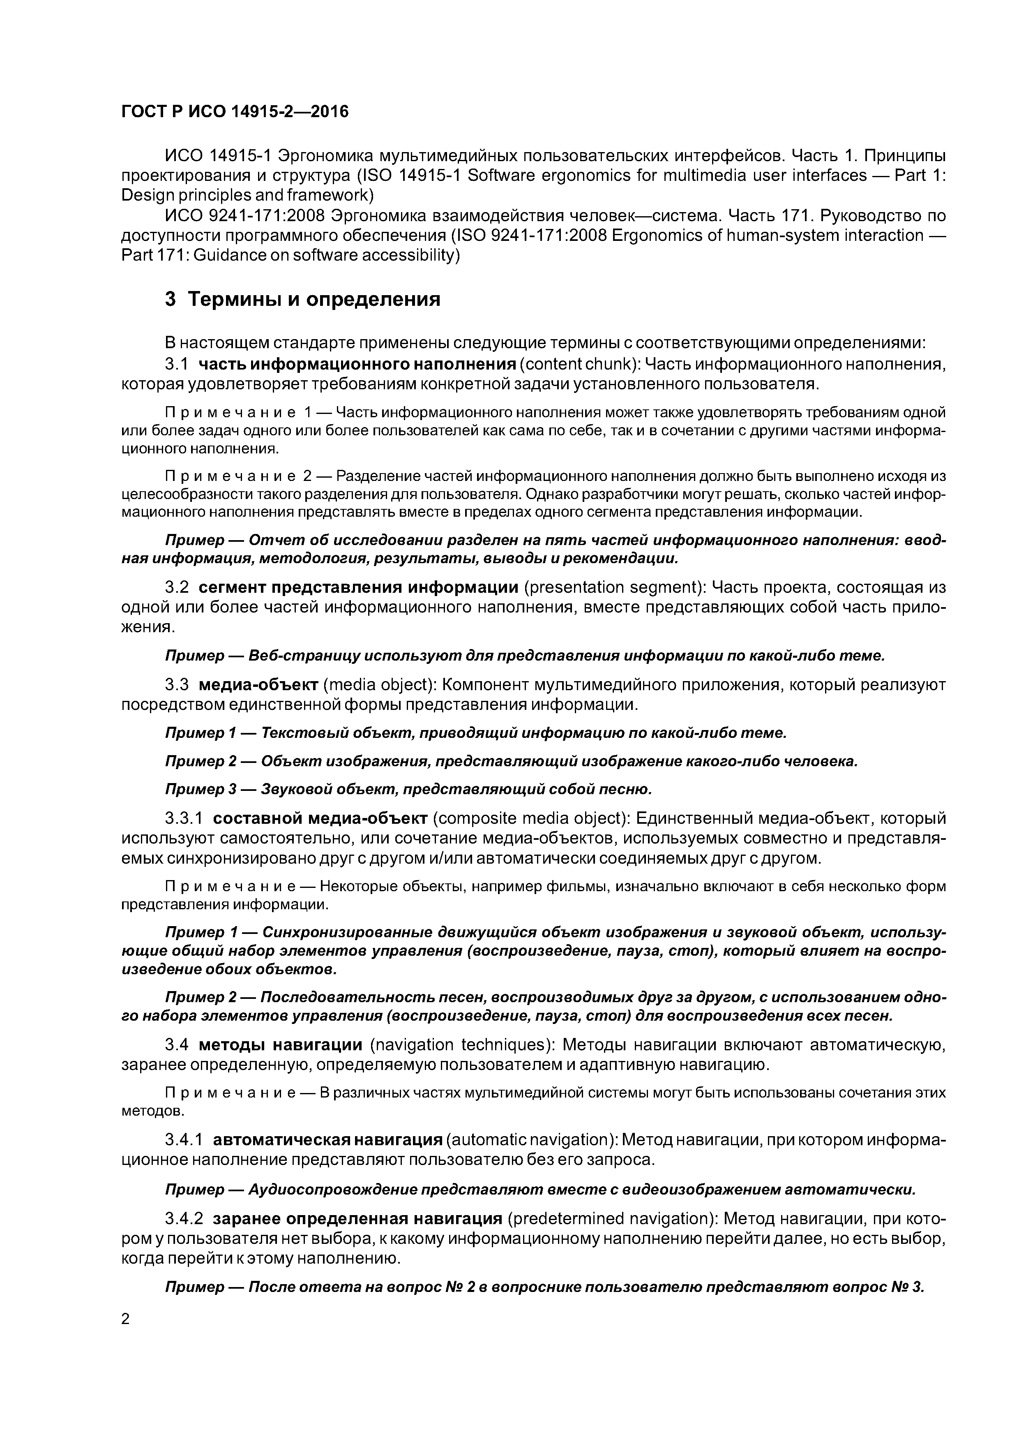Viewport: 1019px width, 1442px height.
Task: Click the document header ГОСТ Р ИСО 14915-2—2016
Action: click(x=234, y=112)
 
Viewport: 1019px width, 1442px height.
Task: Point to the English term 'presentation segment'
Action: click(x=608, y=587)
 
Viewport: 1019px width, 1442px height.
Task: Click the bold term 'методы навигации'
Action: click(x=281, y=1045)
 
